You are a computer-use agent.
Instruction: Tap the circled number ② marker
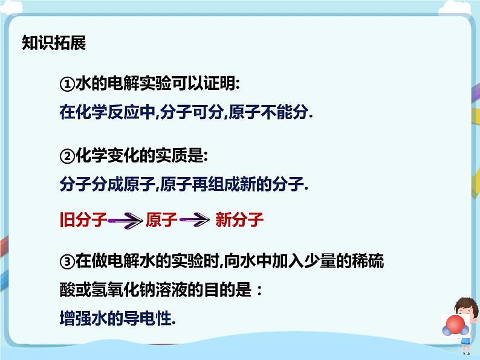[66, 156]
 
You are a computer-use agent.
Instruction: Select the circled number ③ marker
[66, 262]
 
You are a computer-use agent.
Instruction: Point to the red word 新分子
[239, 220]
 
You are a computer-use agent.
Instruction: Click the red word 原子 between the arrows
[161, 220]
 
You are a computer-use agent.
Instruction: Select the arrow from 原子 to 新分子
[195, 221]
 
